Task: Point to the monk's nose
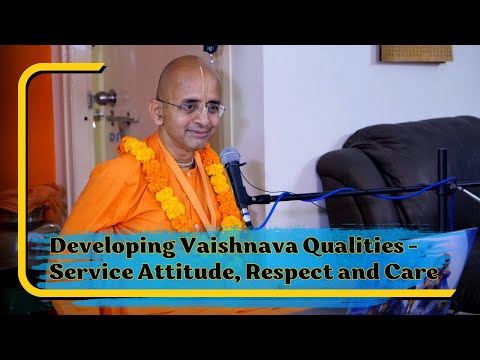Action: tap(200, 116)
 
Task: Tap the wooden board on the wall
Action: tap(416, 53)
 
